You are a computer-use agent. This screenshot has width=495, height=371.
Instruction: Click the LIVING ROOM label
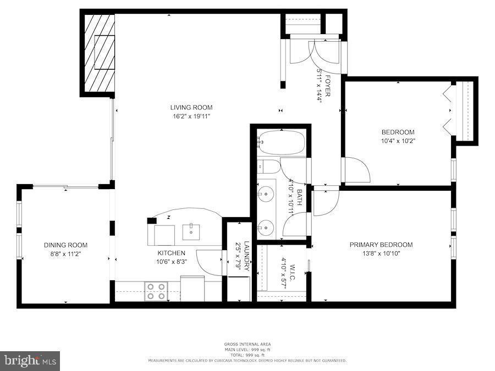tap(191, 108)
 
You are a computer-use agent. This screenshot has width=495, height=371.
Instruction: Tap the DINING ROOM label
tap(66, 245)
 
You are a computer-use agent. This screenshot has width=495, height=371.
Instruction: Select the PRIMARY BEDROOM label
tap(381, 245)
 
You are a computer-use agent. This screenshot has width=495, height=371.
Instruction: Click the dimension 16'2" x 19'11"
tap(191, 116)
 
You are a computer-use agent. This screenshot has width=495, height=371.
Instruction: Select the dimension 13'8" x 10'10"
tap(381, 253)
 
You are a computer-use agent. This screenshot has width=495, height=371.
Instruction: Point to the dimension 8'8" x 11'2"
tap(66, 254)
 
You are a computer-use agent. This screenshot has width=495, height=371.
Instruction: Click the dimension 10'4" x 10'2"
tap(398, 141)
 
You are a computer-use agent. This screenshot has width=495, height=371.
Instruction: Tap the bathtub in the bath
tap(281, 142)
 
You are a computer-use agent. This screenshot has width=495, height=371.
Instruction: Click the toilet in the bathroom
tap(269, 166)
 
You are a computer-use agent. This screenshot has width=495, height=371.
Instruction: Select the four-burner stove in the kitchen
tap(156, 290)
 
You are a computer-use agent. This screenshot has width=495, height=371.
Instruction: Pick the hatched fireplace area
tap(98, 53)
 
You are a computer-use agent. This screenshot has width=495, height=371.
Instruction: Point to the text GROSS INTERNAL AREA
tap(247, 344)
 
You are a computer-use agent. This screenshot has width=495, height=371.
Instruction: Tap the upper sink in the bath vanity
tap(267, 193)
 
